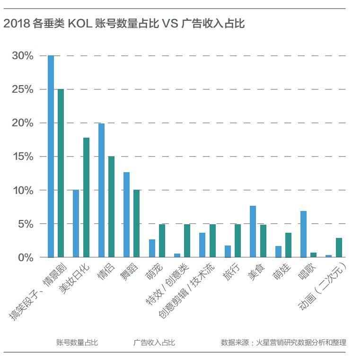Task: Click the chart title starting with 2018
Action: click(124, 23)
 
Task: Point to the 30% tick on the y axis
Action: click(23, 56)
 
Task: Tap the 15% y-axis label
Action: click(23, 157)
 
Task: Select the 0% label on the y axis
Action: click(26, 258)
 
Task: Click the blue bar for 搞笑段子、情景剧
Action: click(51, 156)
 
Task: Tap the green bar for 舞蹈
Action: click(137, 223)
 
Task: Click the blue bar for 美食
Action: click(253, 231)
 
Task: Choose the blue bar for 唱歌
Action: click(303, 234)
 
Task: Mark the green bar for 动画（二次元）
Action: click(339, 247)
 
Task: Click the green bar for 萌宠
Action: click(162, 240)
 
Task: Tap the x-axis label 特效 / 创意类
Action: click(168, 284)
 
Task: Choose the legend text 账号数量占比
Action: click(77, 342)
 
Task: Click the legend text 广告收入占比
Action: click(154, 342)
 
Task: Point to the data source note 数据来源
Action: click(283, 342)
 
